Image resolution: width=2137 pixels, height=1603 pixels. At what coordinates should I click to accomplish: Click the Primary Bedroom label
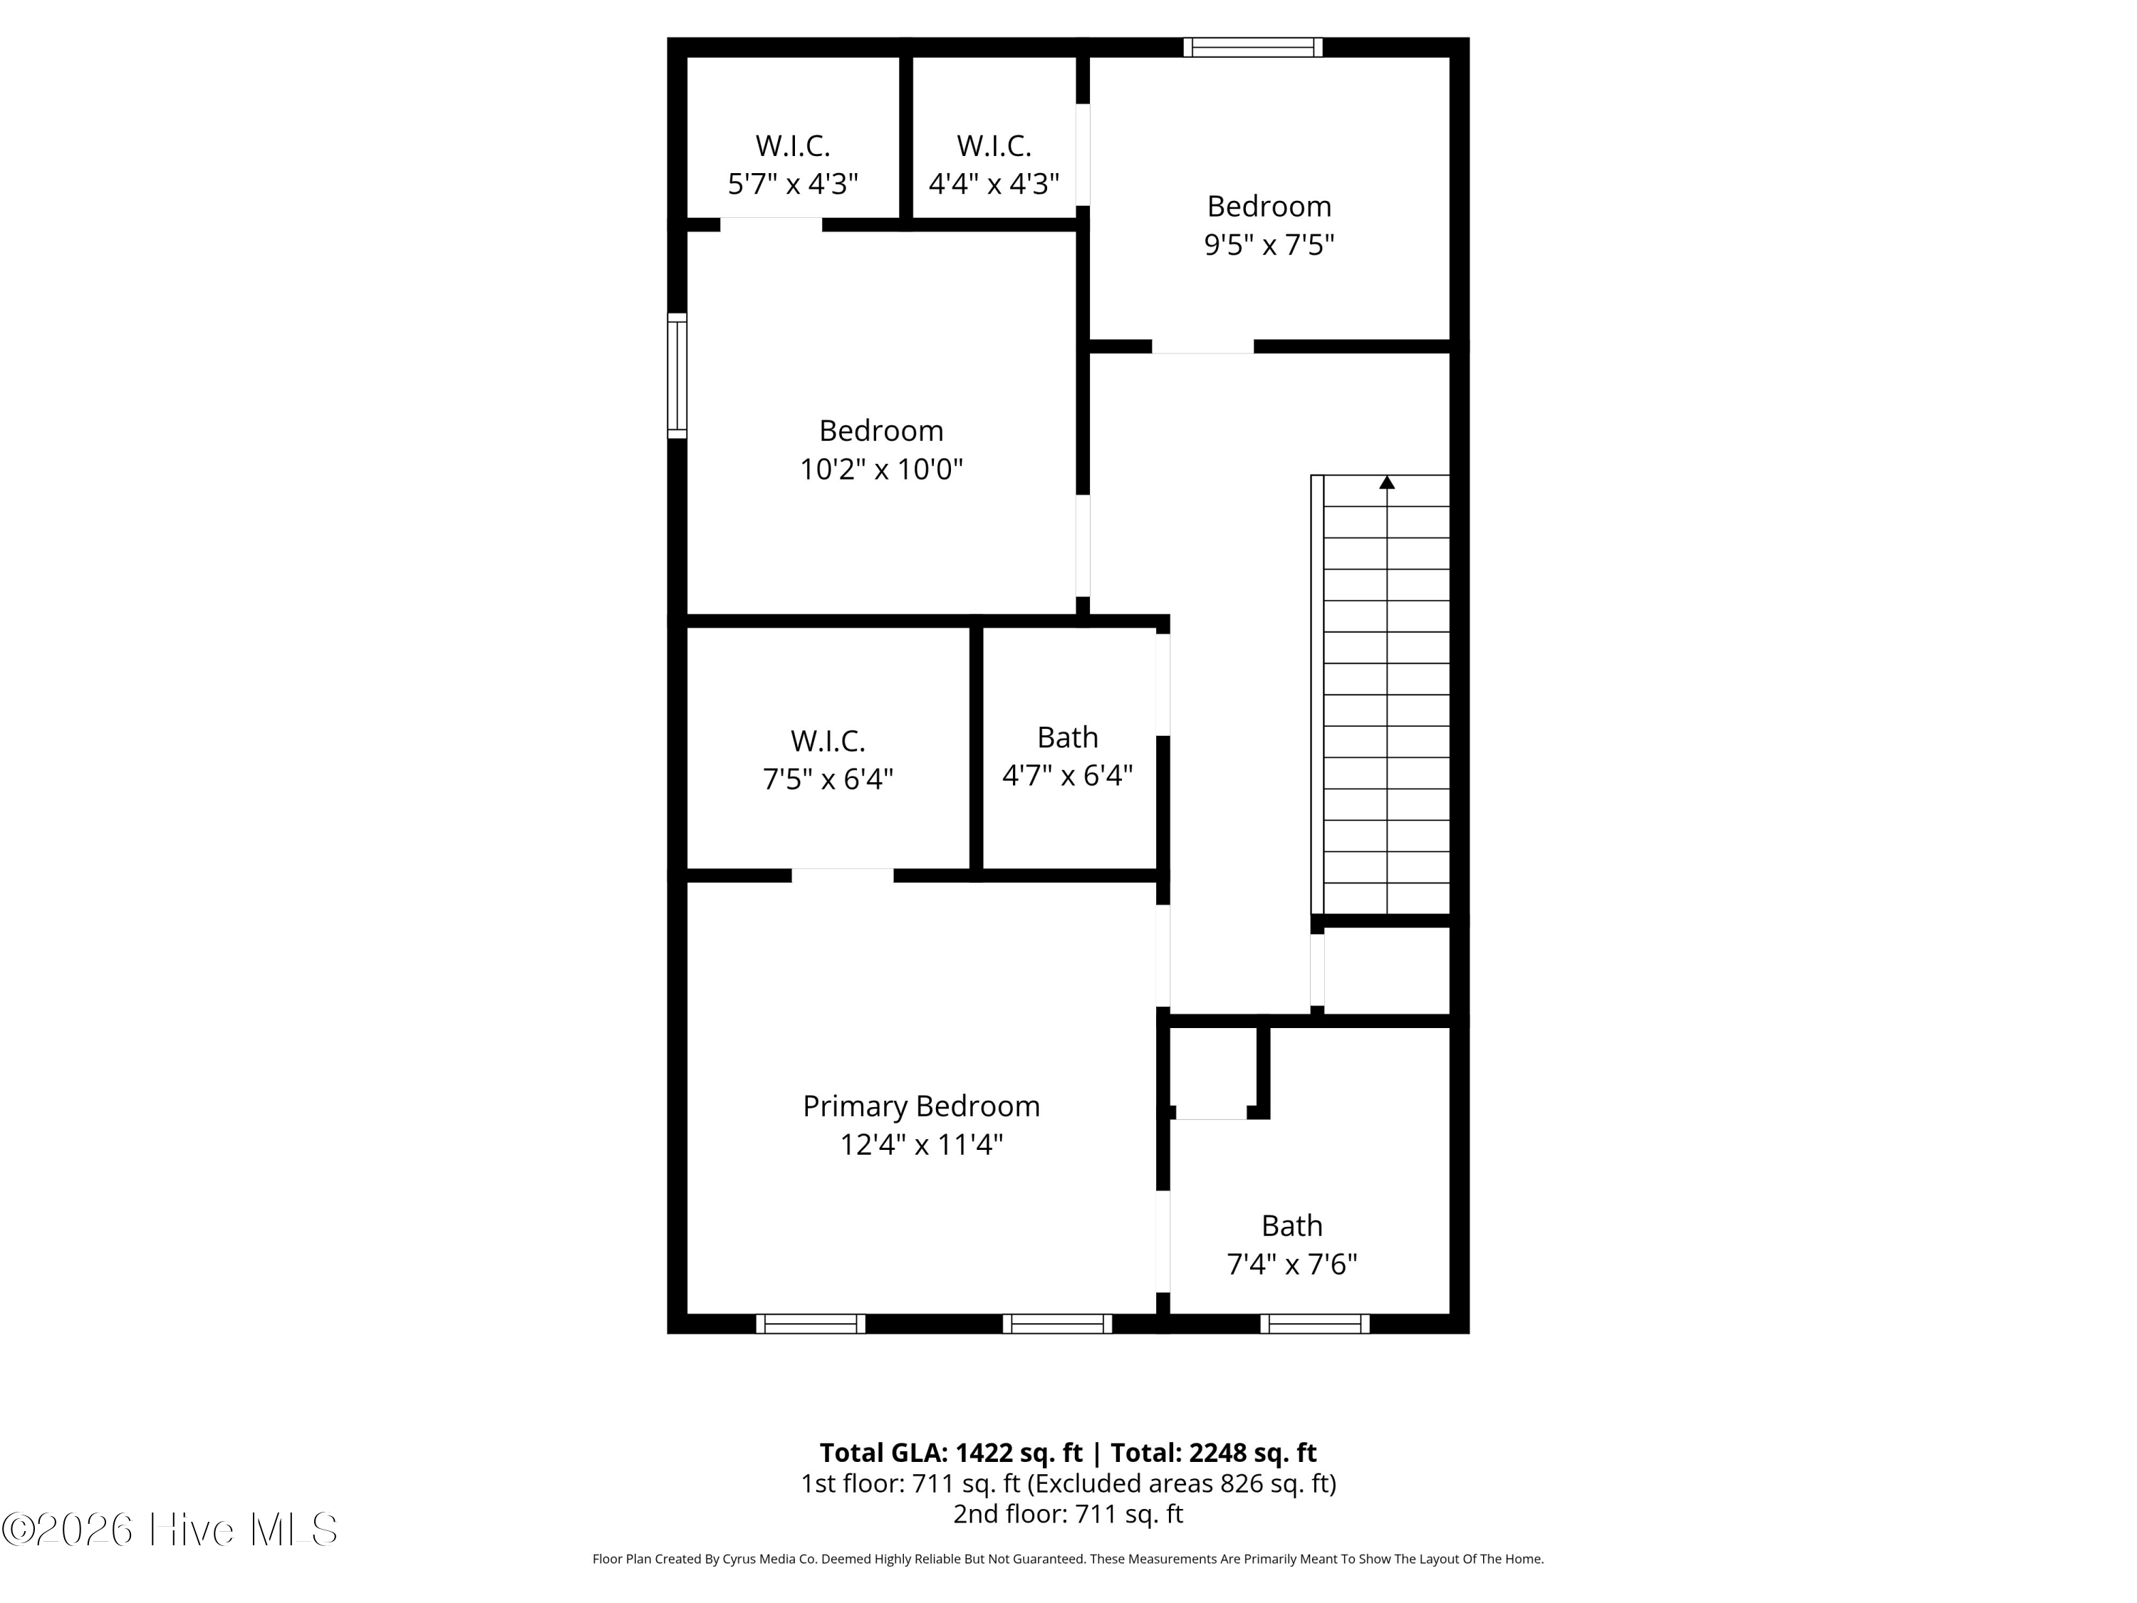920,1106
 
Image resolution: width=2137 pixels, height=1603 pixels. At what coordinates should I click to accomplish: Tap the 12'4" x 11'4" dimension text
920,1145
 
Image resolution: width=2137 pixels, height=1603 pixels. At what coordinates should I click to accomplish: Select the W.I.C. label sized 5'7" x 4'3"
792,146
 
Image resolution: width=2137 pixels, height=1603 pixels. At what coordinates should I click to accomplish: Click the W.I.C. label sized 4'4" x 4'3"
993,146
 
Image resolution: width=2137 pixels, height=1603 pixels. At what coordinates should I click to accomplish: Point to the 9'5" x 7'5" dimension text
1269,245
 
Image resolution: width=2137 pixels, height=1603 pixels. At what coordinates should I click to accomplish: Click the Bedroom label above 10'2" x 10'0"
880,430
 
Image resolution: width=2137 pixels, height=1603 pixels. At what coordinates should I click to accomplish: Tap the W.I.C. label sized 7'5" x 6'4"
827,741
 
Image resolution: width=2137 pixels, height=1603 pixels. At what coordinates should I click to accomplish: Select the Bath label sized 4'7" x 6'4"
1066,737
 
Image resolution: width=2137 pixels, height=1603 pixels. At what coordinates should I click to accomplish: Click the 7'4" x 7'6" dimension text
1291,1264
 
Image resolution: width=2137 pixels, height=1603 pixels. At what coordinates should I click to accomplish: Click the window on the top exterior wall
1252,47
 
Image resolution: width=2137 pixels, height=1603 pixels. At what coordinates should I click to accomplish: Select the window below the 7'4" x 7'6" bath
1314,1324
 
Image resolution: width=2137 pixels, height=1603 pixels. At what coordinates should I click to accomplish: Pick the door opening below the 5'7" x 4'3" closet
770,225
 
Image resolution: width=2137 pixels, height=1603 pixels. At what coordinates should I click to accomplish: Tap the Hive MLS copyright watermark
169,1530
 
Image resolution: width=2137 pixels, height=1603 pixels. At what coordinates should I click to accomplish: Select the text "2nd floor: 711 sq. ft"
1068,1513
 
